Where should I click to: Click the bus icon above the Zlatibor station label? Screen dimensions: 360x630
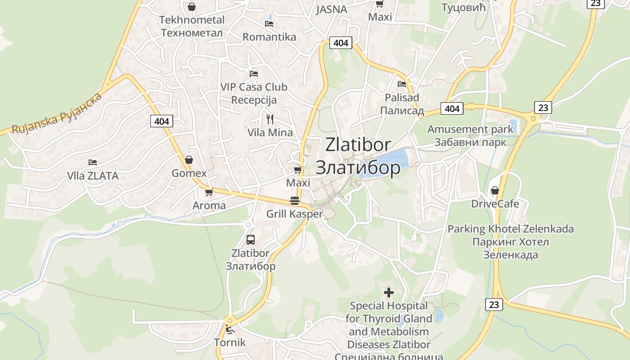pos(251,240)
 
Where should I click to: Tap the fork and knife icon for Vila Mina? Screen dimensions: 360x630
pos(270,119)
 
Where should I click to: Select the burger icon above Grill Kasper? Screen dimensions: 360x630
pos(295,201)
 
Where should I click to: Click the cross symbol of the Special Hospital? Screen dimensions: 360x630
pos(389,292)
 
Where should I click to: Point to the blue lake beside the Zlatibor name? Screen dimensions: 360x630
pos(387,162)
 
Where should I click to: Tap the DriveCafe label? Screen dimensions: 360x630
pos(495,204)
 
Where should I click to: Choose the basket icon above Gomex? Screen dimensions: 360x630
pos(189,160)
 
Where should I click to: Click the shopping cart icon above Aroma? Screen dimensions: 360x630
pos(209,192)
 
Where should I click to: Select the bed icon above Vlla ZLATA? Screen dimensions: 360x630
pos(93,162)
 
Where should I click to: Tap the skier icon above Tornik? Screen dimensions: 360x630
pos(230,329)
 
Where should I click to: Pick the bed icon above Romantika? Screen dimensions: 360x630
pos(269,23)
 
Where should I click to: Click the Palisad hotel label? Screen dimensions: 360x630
pos(402,104)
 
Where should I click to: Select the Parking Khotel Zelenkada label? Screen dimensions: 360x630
pos(511,242)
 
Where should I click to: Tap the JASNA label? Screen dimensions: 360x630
pos(332,9)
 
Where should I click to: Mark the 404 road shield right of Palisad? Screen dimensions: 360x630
pos(452,108)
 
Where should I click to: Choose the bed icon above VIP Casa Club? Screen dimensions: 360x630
pos(254,73)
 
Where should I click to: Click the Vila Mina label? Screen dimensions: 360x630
pos(270,133)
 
